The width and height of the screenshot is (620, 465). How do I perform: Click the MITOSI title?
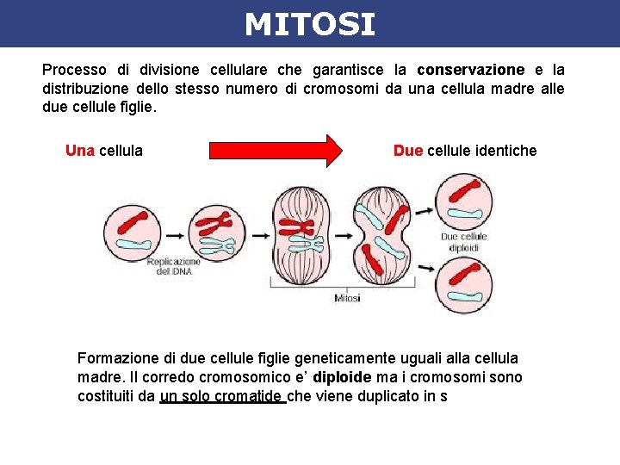pyautogui.click(x=309, y=24)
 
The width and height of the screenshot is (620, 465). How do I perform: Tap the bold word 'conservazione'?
pyautogui.click(x=470, y=70)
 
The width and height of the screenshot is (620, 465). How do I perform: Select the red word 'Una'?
pyautogui.click(x=80, y=151)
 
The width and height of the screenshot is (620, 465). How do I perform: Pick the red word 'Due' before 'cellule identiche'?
pyautogui.click(x=407, y=151)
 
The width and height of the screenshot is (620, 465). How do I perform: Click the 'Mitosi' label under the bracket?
pyautogui.click(x=348, y=298)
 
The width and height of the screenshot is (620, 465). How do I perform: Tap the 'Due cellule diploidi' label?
pyautogui.click(x=463, y=242)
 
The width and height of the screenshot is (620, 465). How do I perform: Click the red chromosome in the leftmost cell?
pyautogui.click(x=134, y=221)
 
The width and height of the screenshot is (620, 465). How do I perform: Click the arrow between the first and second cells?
pyautogui.click(x=175, y=234)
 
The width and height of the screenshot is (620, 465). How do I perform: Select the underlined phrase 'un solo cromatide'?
pyautogui.click(x=222, y=396)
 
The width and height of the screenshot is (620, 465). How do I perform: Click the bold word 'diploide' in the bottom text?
pyautogui.click(x=343, y=377)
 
